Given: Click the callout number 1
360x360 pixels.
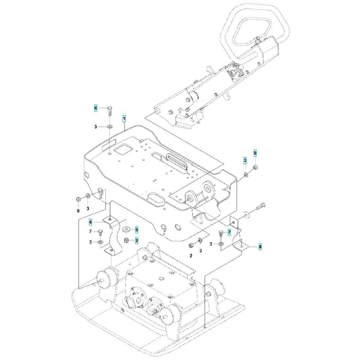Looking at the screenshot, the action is point(124,119).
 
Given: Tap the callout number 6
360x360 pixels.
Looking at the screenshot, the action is point(96,108).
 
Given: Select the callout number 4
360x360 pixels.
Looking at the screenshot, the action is point(90,222).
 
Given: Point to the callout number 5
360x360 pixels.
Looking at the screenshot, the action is point(137,229).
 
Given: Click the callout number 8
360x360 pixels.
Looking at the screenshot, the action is point(260,247).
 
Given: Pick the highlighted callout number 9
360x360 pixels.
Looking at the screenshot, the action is point(255,153).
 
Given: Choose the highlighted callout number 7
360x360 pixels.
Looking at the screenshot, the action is point(229,232).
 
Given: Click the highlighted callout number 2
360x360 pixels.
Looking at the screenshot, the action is point(137,240).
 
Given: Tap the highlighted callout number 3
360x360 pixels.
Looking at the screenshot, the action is point(245,161).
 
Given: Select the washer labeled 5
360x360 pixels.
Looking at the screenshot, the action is point(126,229).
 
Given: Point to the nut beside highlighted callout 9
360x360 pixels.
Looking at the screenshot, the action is point(255,167).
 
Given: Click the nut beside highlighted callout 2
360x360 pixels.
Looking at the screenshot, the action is point(126,240).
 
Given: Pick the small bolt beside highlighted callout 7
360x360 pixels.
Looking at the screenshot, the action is point(221,234).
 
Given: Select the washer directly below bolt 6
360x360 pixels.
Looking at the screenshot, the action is point(109,126).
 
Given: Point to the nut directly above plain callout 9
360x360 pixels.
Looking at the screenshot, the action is point(78,199).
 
